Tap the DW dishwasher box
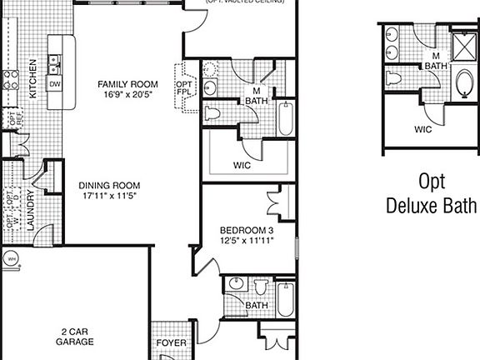point(55,84)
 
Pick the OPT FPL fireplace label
point(182,88)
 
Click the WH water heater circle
point(11,259)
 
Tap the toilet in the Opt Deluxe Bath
point(395,78)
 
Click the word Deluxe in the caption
point(432,206)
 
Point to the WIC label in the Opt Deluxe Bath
point(422,129)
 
